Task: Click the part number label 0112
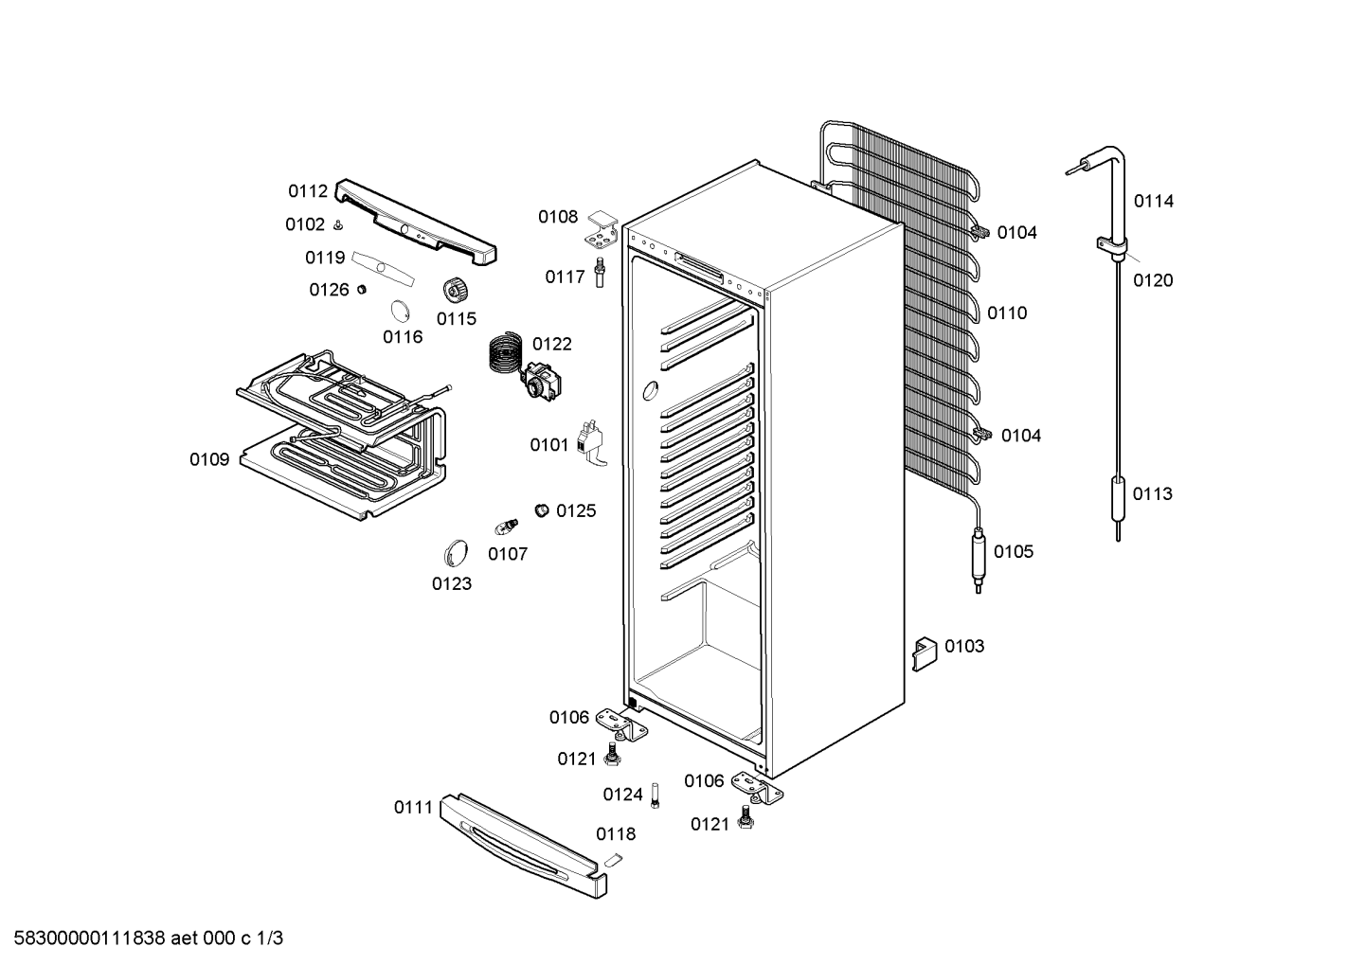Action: click(308, 191)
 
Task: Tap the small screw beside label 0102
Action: click(338, 226)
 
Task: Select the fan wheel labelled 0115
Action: click(454, 290)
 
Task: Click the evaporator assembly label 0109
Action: click(209, 459)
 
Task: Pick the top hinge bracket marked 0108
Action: click(602, 230)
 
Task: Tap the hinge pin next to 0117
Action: click(600, 272)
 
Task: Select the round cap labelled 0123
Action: click(456, 553)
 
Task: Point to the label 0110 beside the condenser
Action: click(1007, 313)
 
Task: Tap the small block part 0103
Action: click(924, 654)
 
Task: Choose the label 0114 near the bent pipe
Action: click(1153, 201)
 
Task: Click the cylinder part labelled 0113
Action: click(1118, 500)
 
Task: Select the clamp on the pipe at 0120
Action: click(1112, 244)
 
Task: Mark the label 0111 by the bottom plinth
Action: click(413, 808)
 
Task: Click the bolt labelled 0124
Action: click(655, 795)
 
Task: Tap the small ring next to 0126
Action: click(361, 289)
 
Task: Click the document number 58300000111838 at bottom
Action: click(89, 938)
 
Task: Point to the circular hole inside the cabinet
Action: click(651, 390)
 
